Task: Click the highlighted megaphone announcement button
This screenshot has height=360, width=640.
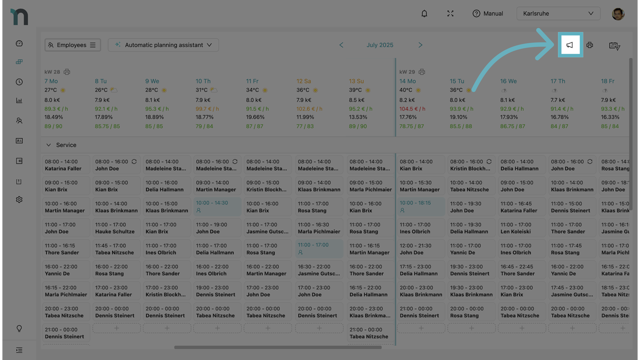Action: click(x=570, y=45)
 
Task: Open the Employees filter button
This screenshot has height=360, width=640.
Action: click(x=72, y=45)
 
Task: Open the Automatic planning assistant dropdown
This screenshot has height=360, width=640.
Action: click(x=163, y=45)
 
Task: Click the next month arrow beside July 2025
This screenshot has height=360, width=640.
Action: click(x=420, y=45)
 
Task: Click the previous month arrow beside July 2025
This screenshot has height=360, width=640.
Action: click(x=341, y=45)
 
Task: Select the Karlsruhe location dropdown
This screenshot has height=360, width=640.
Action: click(x=558, y=14)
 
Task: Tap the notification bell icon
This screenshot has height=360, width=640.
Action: click(x=424, y=14)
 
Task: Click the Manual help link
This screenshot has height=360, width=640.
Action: click(x=488, y=14)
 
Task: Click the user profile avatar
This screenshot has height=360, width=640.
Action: click(x=618, y=14)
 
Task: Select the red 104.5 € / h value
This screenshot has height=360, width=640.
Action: click(x=412, y=109)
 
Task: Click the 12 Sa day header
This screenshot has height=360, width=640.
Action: click(x=303, y=81)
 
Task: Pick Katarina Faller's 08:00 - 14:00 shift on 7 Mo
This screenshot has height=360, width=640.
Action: click(x=66, y=165)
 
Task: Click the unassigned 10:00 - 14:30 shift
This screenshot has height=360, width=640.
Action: click(x=217, y=207)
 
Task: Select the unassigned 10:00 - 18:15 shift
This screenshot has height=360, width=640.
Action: click(x=421, y=207)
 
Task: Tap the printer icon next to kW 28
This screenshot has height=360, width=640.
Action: click(x=67, y=72)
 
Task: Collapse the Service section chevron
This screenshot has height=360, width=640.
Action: click(x=49, y=145)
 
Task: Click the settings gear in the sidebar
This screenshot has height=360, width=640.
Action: click(x=19, y=200)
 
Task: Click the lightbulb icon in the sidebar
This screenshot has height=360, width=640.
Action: click(x=19, y=329)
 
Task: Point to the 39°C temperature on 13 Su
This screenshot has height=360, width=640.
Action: click(x=355, y=90)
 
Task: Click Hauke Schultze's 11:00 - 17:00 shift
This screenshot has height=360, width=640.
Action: click(x=116, y=228)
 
